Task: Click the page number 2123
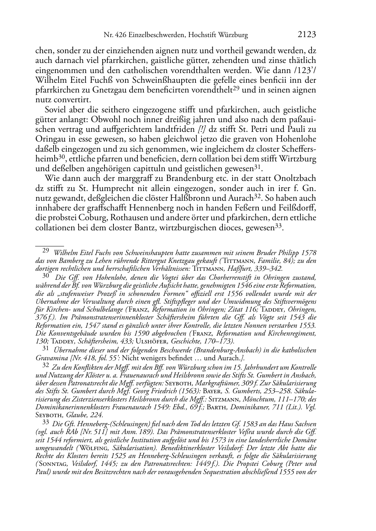tap(307, 35)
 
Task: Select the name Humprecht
tap(119, 188)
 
